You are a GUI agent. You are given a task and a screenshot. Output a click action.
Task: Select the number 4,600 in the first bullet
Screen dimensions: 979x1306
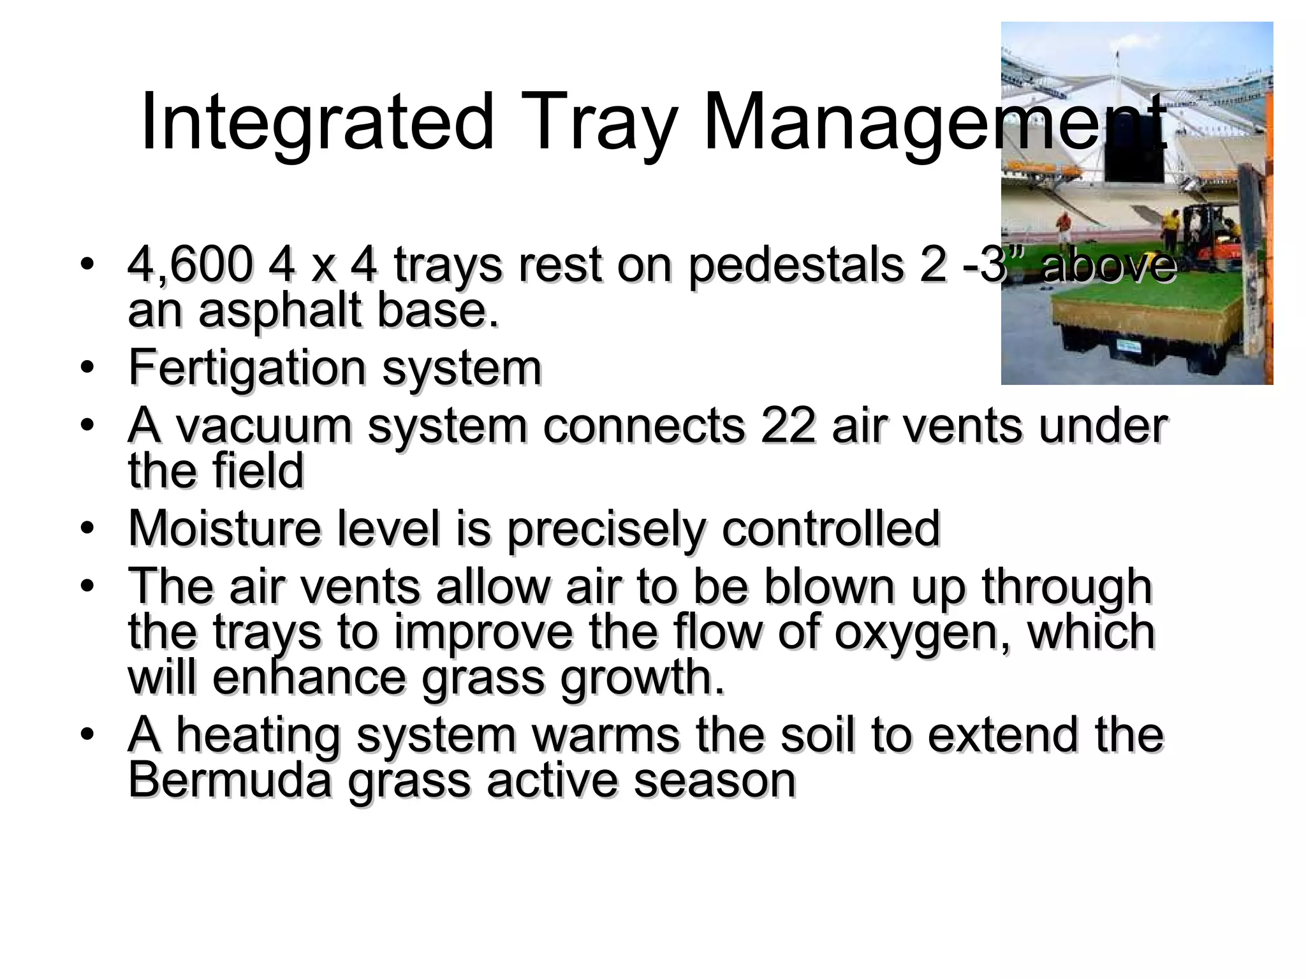click(x=189, y=265)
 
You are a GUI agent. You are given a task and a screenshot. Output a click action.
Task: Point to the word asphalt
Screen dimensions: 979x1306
click(x=280, y=310)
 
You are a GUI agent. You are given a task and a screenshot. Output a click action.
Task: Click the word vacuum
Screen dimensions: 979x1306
click(x=263, y=425)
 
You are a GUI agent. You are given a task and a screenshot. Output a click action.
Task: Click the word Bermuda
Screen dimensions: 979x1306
click(x=230, y=780)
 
